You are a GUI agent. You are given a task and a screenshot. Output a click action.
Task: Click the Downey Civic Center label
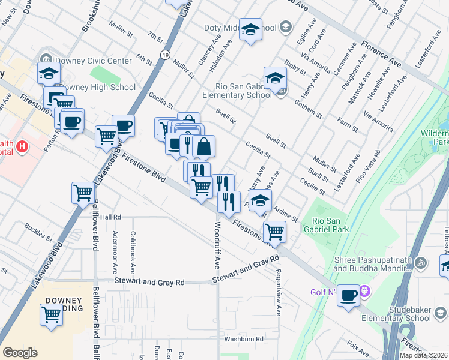pyautogui.click(x=92, y=61)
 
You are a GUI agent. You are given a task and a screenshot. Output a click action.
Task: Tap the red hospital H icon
pyautogui.click(x=22, y=146)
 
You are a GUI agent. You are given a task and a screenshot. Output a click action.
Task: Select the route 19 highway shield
pyautogui.click(x=164, y=55)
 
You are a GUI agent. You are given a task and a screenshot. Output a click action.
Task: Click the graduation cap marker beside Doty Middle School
pyautogui.click(x=250, y=29)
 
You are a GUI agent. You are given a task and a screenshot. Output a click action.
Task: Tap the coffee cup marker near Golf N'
pyautogui.click(x=348, y=296)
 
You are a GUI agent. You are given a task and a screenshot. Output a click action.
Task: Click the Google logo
pyautogui.click(x=20, y=353)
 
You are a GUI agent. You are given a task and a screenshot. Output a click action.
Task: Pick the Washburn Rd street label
pyautogui.click(x=244, y=339)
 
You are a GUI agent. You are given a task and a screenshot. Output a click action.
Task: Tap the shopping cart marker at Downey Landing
pyautogui.click(x=52, y=314)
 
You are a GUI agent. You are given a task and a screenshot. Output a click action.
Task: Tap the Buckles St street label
pyautogui.click(x=38, y=233)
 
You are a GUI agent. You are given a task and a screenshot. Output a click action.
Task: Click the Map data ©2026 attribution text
pyautogui.click(x=423, y=355)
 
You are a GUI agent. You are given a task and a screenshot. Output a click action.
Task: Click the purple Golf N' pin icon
pyautogui.click(x=367, y=292)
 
